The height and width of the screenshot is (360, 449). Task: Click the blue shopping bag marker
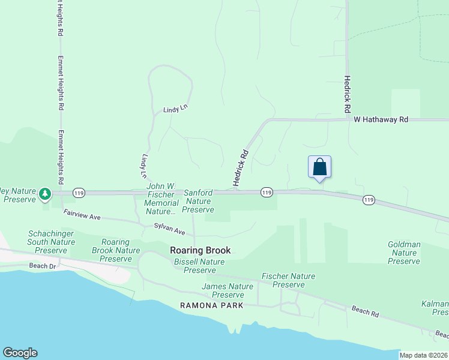point(319,167)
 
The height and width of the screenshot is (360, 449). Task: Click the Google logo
point(20,353)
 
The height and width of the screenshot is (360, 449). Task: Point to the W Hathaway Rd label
point(381,120)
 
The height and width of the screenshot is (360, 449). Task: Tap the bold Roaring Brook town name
point(200,250)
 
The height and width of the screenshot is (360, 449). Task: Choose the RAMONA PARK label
point(212,305)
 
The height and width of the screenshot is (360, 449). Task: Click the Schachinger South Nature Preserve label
point(51,242)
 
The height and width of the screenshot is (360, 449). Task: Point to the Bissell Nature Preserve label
point(199,266)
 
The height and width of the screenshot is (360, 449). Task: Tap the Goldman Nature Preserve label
point(404,253)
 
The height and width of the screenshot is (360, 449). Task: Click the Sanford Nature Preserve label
point(198,201)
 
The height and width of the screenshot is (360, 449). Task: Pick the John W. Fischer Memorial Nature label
point(161,200)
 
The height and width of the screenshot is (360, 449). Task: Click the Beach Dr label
point(42,265)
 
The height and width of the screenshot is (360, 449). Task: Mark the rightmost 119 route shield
point(369,200)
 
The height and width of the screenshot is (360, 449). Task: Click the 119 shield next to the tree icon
point(79,193)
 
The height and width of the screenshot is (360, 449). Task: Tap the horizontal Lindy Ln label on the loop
point(175,110)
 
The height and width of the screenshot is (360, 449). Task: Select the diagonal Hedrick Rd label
point(241,168)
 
